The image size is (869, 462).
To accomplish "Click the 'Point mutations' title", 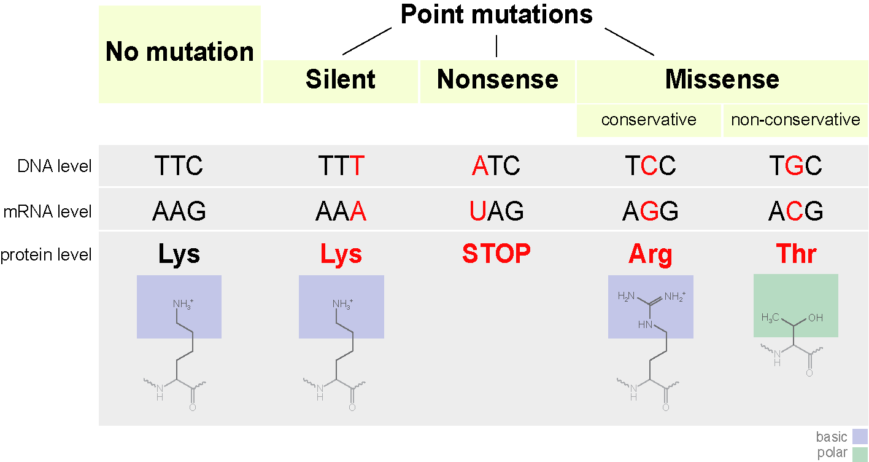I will [x=496, y=15].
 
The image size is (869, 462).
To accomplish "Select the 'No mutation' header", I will [x=179, y=52].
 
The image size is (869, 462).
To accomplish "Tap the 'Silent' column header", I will [x=341, y=80].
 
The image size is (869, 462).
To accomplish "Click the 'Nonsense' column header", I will [x=497, y=80].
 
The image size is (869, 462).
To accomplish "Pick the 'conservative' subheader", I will [x=649, y=120].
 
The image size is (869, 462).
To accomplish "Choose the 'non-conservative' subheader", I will [x=795, y=120].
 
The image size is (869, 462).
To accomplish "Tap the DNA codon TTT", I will [x=341, y=166].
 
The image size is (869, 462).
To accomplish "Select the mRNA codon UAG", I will [x=496, y=212].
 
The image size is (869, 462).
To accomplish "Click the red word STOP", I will [x=496, y=254].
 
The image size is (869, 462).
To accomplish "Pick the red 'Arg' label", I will [x=650, y=254].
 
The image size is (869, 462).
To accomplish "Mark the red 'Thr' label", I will [x=796, y=254].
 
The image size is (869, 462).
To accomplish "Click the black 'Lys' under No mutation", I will [x=179, y=254].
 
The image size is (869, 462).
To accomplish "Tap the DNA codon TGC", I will [x=795, y=166].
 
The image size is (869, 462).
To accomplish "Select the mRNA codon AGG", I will [x=650, y=212].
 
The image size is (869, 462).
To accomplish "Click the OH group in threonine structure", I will [x=816, y=318].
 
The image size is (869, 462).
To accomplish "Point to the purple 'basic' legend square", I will [x=860, y=437].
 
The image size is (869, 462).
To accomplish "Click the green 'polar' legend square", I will [x=860, y=454].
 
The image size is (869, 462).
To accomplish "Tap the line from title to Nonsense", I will [x=496, y=45].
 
